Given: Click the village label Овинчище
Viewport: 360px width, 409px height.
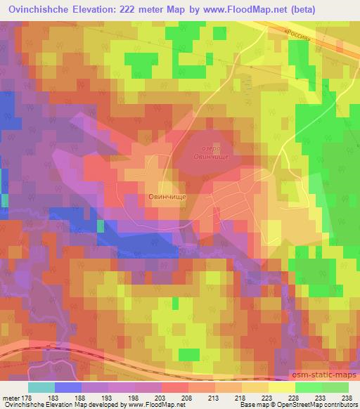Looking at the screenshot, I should pyautogui.click(x=167, y=198).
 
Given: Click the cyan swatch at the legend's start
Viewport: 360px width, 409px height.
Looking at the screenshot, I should pyautogui.click(x=41, y=387).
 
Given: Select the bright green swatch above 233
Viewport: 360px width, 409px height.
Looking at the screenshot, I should pyautogui.click(x=309, y=387).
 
